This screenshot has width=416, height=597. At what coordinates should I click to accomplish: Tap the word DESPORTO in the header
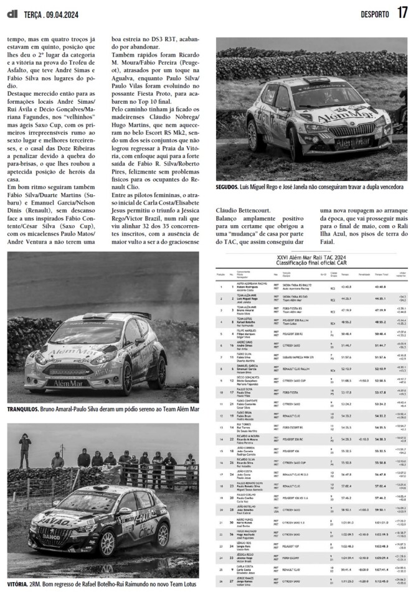click(x=375, y=14)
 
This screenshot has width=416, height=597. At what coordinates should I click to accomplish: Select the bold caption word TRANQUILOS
click(x=22, y=410)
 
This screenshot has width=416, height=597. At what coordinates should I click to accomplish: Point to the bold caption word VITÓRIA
click(x=17, y=585)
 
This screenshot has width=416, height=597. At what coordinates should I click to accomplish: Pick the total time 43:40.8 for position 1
click(x=380, y=287)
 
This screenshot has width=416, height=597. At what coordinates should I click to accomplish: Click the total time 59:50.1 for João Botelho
click(x=380, y=510)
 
